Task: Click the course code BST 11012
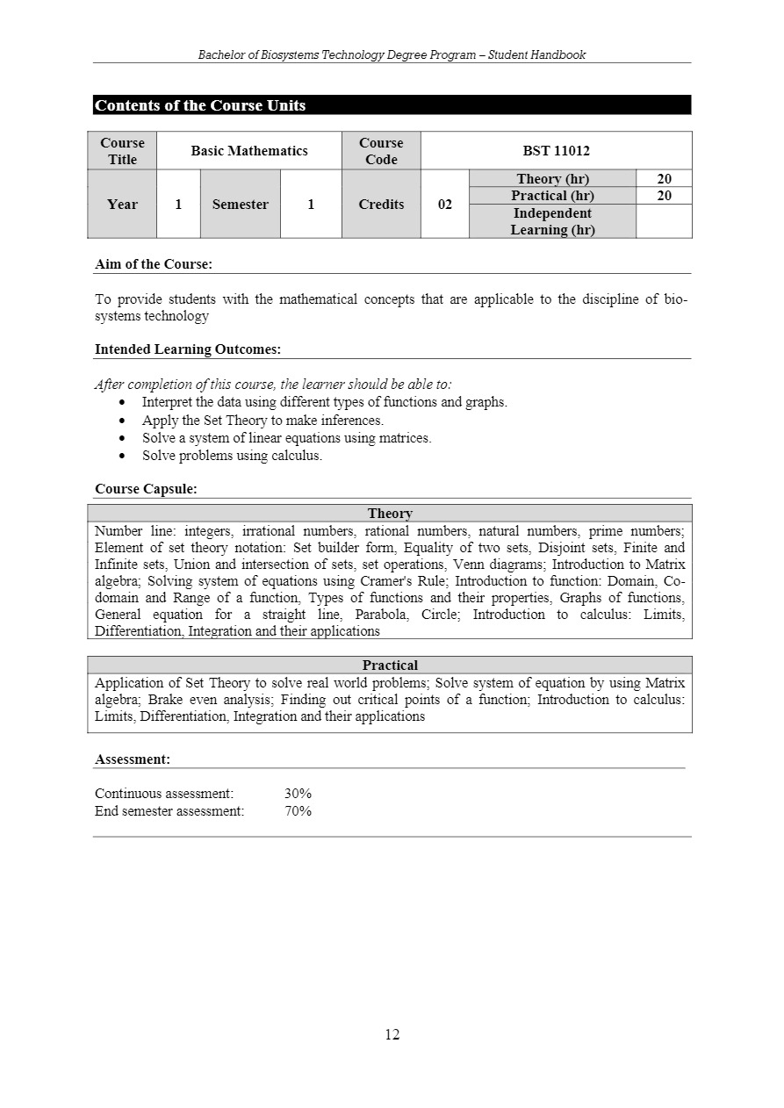tap(556, 151)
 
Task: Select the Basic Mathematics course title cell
tap(249, 151)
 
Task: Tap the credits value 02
tap(445, 205)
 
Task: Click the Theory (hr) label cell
tap(552, 179)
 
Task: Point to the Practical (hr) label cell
tap(552, 196)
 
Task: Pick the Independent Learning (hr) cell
tap(552, 221)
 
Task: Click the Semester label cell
tap(240, 205)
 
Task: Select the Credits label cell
tap(381, 205)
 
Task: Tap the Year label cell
tap(122, 205)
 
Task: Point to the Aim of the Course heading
tap(154, 263)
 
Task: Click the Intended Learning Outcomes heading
tap(188, 349)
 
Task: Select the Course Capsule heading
tap(146, 489)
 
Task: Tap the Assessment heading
tap(133, 759)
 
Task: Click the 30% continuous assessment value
tap(298, 794)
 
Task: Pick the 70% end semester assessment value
tap(298, 811)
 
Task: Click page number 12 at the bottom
tap(392, 1034)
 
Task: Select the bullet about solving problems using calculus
tap(232, 456)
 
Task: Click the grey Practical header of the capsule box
tap(390, 666)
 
